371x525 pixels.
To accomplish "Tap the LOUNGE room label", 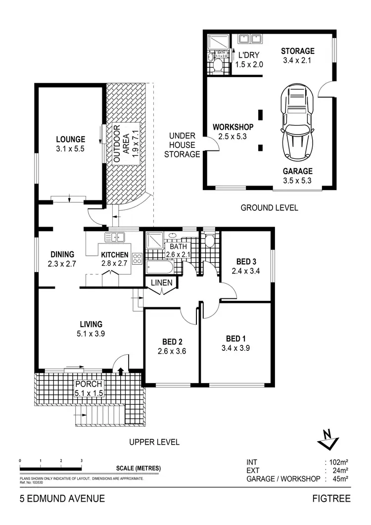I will pos(70,140).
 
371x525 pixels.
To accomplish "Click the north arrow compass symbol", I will pos(327,438).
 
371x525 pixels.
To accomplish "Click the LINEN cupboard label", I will pos(162,283).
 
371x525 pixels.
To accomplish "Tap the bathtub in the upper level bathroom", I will pos(160,268).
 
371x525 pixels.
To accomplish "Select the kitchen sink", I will pos(117,238).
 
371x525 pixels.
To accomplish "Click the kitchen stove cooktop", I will pos(137,258).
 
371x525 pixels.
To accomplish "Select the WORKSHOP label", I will pos(233,127).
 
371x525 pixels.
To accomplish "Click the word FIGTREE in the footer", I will pos(331,498).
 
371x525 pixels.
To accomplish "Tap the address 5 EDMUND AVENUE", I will pos(62,498).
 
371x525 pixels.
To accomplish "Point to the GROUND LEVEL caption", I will pos(269,208).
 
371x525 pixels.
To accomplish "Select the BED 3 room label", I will pos(245,262).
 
